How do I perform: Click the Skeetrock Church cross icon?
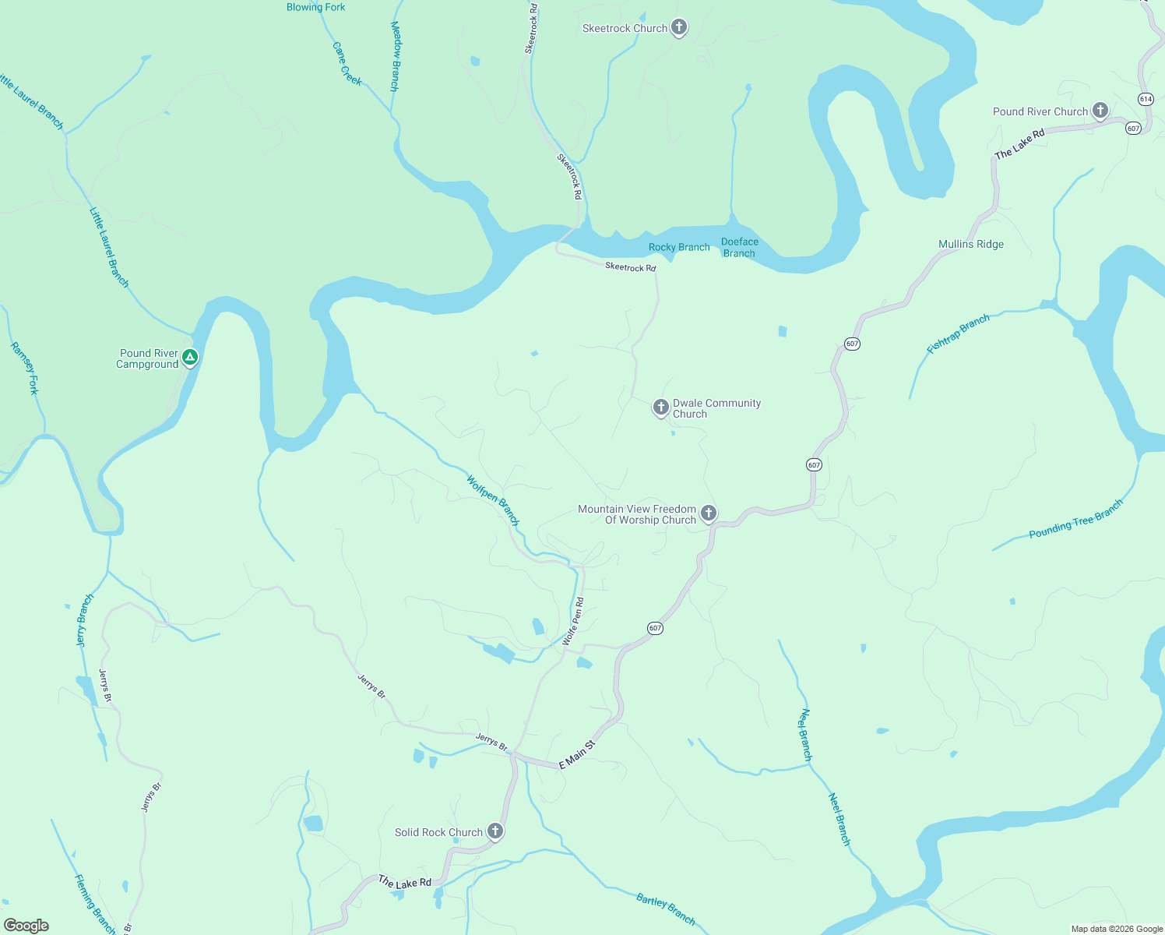coord(679,28)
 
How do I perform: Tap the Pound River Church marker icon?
coord(1100,111)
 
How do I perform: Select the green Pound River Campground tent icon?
coord(189,358)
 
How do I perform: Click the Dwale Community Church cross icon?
coord(660,408)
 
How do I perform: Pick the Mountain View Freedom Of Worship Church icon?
coord(708,513)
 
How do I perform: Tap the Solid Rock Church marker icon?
coord(495,831)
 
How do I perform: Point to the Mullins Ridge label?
coord(970,244)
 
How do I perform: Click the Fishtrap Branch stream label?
coord(958,333)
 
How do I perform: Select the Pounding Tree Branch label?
coord(1075,519)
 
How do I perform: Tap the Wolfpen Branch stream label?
coord(492,499)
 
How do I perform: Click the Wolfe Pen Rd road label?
coord(573,621)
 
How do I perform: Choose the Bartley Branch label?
coord(665,909)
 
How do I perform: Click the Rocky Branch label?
coord(679,247)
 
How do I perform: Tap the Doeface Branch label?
coord(739,247)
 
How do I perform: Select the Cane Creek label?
coord(347,63)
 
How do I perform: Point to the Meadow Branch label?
coord(395,56)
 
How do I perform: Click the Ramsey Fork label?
coord(24,368)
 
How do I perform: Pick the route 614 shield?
coord(1145,99)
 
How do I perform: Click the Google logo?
coord(26,925)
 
